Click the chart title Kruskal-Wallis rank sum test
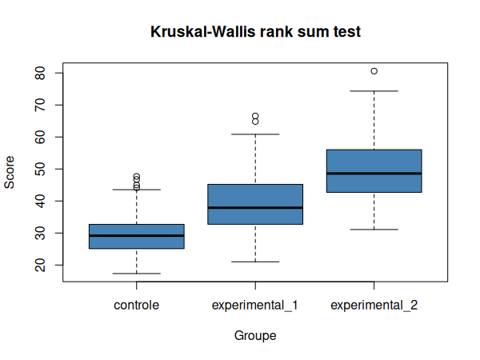coord(255,32)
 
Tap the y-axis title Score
coord(10,171)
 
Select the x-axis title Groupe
coord(255,336)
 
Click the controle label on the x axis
coord(136,305)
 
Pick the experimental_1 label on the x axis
coord(255,305)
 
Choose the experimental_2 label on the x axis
coord(374,305)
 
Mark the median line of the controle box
coord(136,235)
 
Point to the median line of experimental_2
coord(374,173)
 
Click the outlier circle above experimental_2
coord(374,71)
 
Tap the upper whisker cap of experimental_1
coord(255,134)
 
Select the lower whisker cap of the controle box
coord(136,274)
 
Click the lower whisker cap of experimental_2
coord(374,230)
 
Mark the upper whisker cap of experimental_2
coord(374,91)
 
